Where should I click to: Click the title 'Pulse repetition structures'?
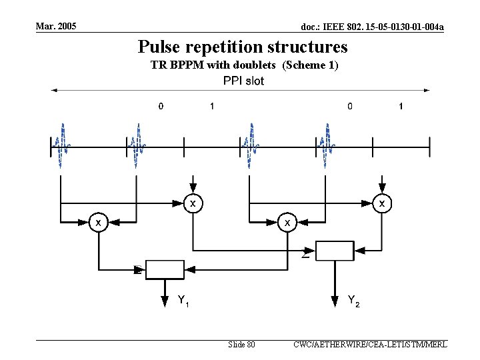[x=243, y=47]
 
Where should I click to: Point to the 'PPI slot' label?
[x=243, y=81]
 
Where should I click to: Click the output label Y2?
[x=354, y=300]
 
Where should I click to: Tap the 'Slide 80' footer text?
[x=241, y=345]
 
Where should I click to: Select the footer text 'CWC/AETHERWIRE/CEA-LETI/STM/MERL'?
[x=370, y=345]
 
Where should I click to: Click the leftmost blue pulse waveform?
[x=61, y=145]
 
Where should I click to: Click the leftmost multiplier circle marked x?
[x=99, y=221]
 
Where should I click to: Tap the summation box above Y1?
[x=164, y=269]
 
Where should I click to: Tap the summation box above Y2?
[x=334, y=250]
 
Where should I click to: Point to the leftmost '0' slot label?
[x=160, y=105]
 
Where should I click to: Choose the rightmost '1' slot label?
[x=400, y=105]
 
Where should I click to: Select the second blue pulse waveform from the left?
[x=137, y=145]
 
